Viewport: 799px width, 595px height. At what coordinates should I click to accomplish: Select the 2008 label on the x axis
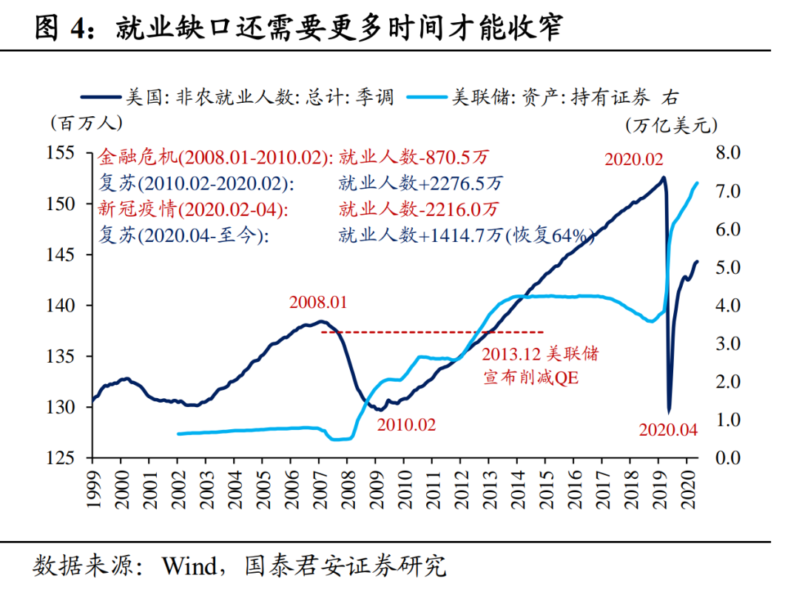click(346, 488)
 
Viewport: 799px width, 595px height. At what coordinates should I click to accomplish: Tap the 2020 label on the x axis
click(688, 488)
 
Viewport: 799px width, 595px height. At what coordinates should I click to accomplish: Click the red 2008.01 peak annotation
click(318, 303)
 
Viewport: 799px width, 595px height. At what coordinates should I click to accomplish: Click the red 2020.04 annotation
click(668, 429)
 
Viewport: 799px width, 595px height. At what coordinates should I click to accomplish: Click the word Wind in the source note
click(189, 566)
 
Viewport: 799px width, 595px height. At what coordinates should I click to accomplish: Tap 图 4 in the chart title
click(62, 27)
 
